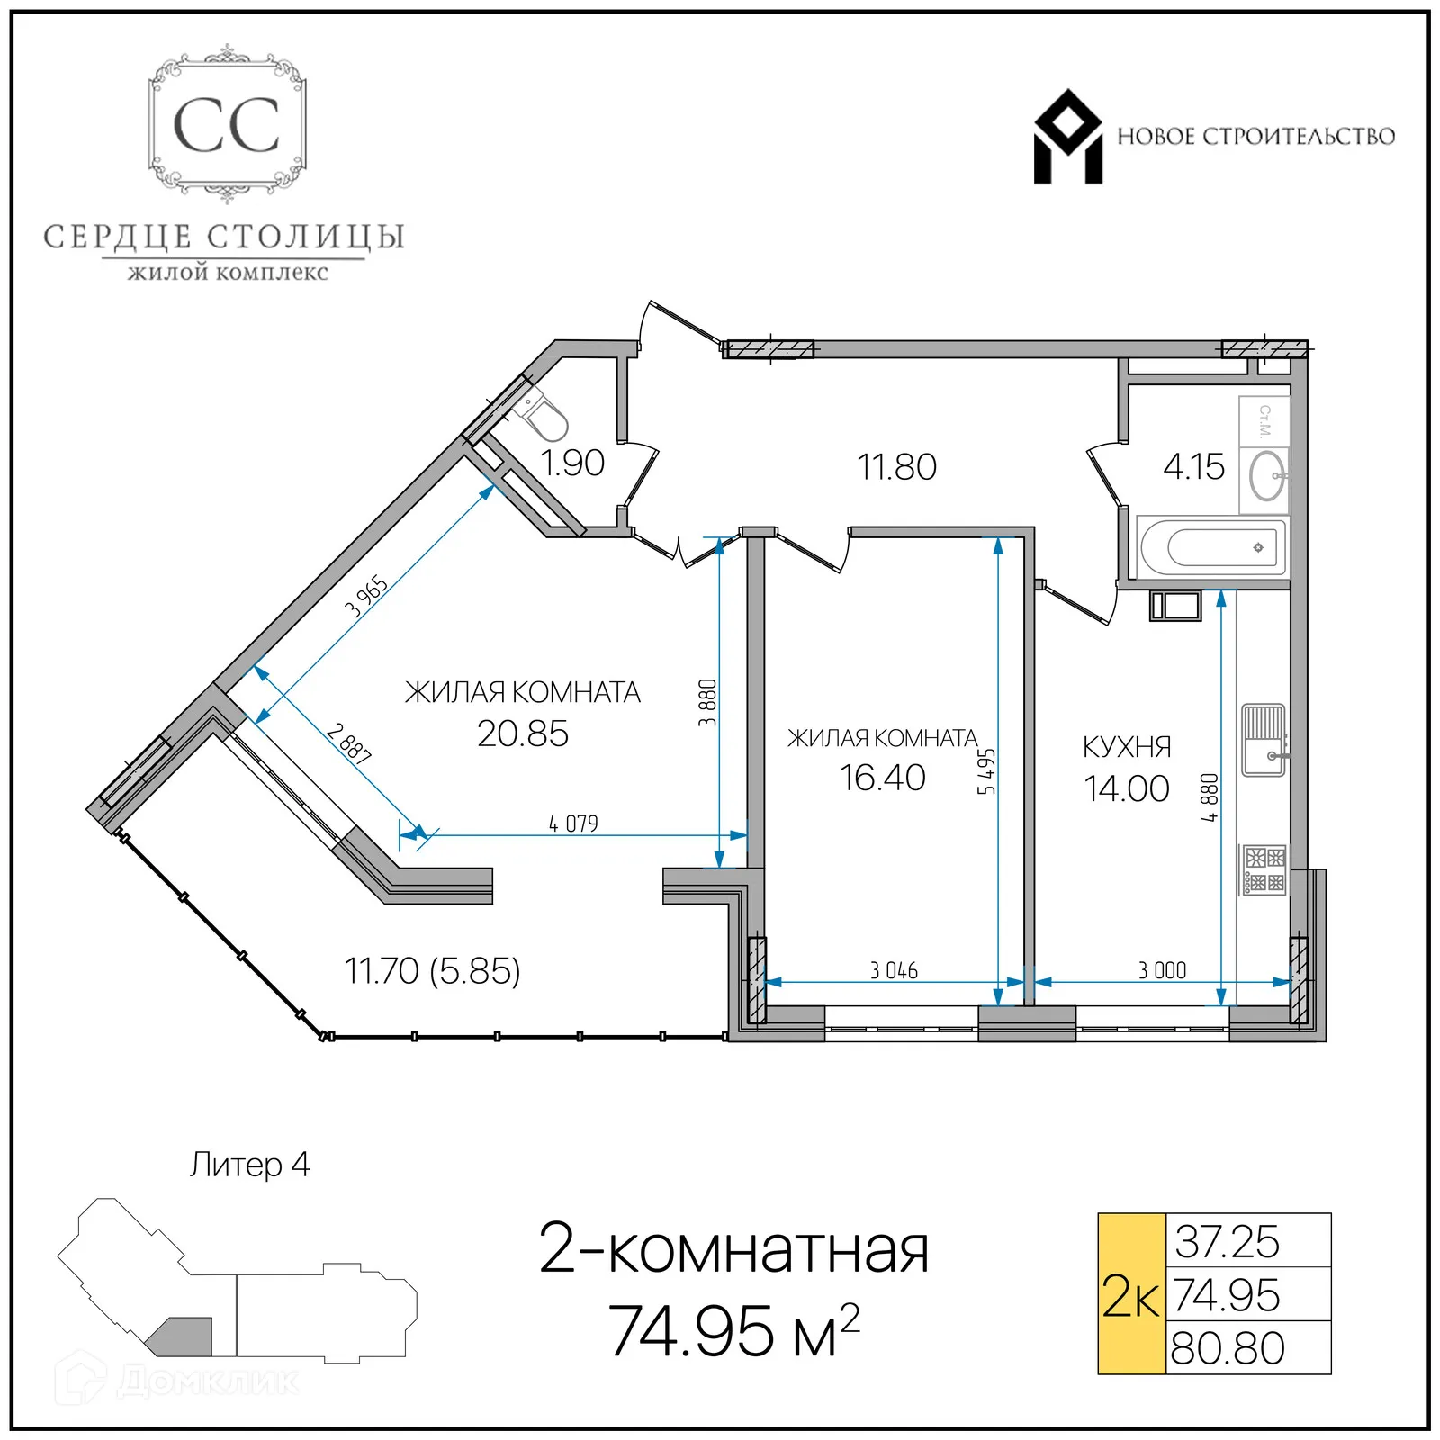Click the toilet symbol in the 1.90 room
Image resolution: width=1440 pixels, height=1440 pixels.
click(x=543, y=416)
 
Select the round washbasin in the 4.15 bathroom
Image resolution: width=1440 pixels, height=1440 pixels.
click(x=1267, y=474)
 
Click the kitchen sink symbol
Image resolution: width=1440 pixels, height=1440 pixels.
click(x=1263, y=740)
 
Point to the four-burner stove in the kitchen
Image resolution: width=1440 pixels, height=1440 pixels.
click(x=1264, y=869)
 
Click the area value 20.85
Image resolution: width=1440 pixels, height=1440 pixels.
click(x=523, y=734)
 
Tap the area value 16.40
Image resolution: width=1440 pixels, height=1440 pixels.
click(x=882, y=778)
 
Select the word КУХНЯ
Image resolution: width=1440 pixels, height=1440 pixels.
click(x=1127, y=747)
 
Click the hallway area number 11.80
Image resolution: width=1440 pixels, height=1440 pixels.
click(x=896, y=467)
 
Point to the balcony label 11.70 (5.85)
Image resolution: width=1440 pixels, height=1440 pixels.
click(x=432, y=971)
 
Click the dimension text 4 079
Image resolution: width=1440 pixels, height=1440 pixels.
click(x=573, y=823)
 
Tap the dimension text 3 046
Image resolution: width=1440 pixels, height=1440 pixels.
click(x=894, y=970)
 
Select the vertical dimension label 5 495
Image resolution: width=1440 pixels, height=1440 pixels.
click(x=986, y=771)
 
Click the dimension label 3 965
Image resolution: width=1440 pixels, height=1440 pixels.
click(x=366, y=596)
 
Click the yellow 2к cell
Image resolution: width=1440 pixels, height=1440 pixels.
click(x=1131, y=1294)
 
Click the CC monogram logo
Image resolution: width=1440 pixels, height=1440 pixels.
click(x=227, y=124)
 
